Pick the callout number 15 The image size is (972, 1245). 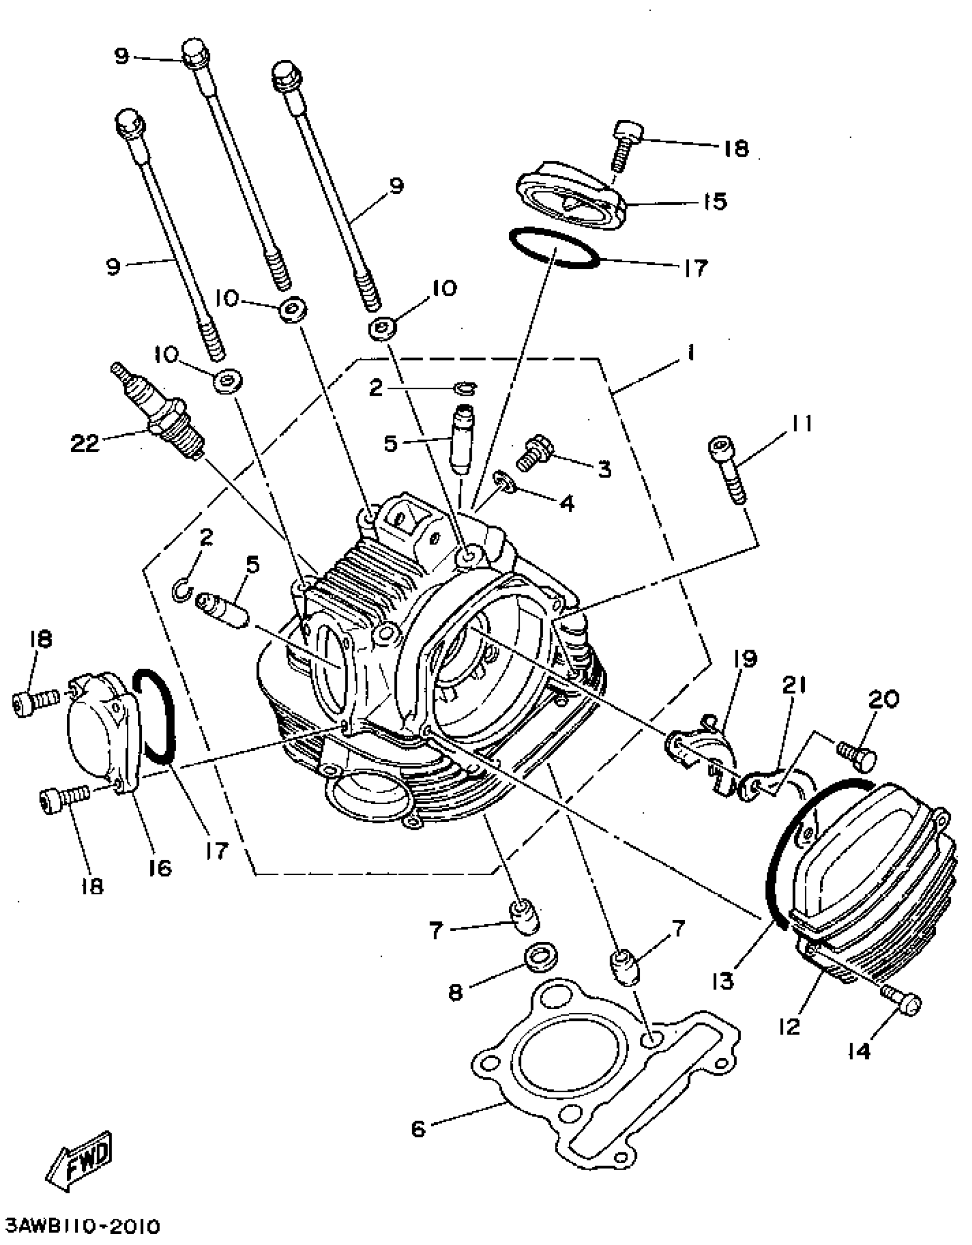click(x=715, y=201)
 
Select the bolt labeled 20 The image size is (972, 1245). click(x=858, y=754)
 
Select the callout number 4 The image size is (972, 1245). click(x=566, y=503)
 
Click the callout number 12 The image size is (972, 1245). click(x=790, y=1027)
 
